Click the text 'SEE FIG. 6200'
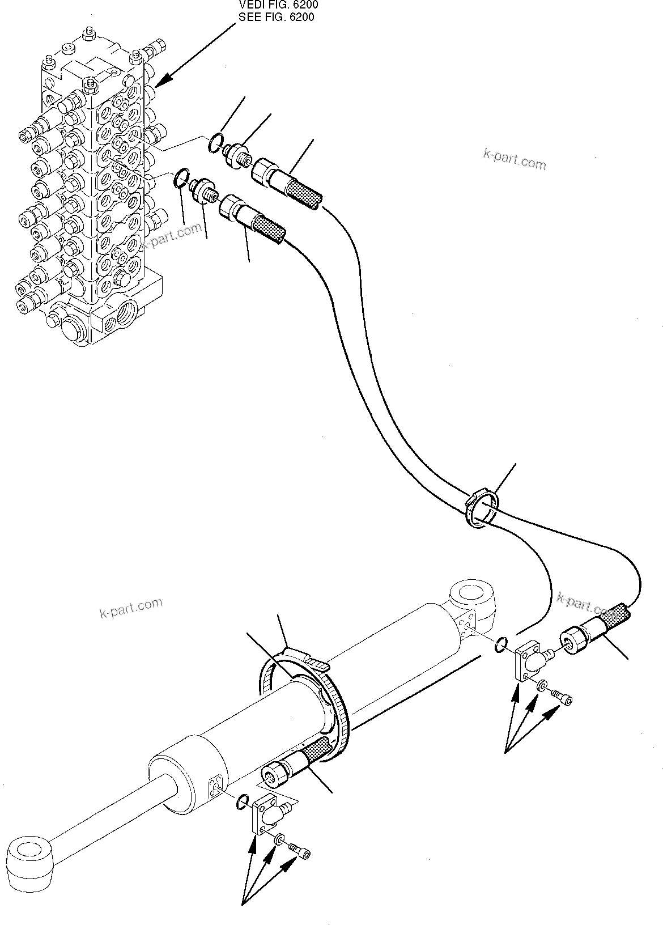click(x=277, y=17)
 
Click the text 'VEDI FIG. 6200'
click(x=278, y=5)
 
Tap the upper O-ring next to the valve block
click(x=215, y=144)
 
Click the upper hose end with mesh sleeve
click(x=288, y=183)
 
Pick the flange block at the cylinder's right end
click(x=529, y=660)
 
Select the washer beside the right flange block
click(x=542, y=685)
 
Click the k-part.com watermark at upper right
click(x=515, y=160)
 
